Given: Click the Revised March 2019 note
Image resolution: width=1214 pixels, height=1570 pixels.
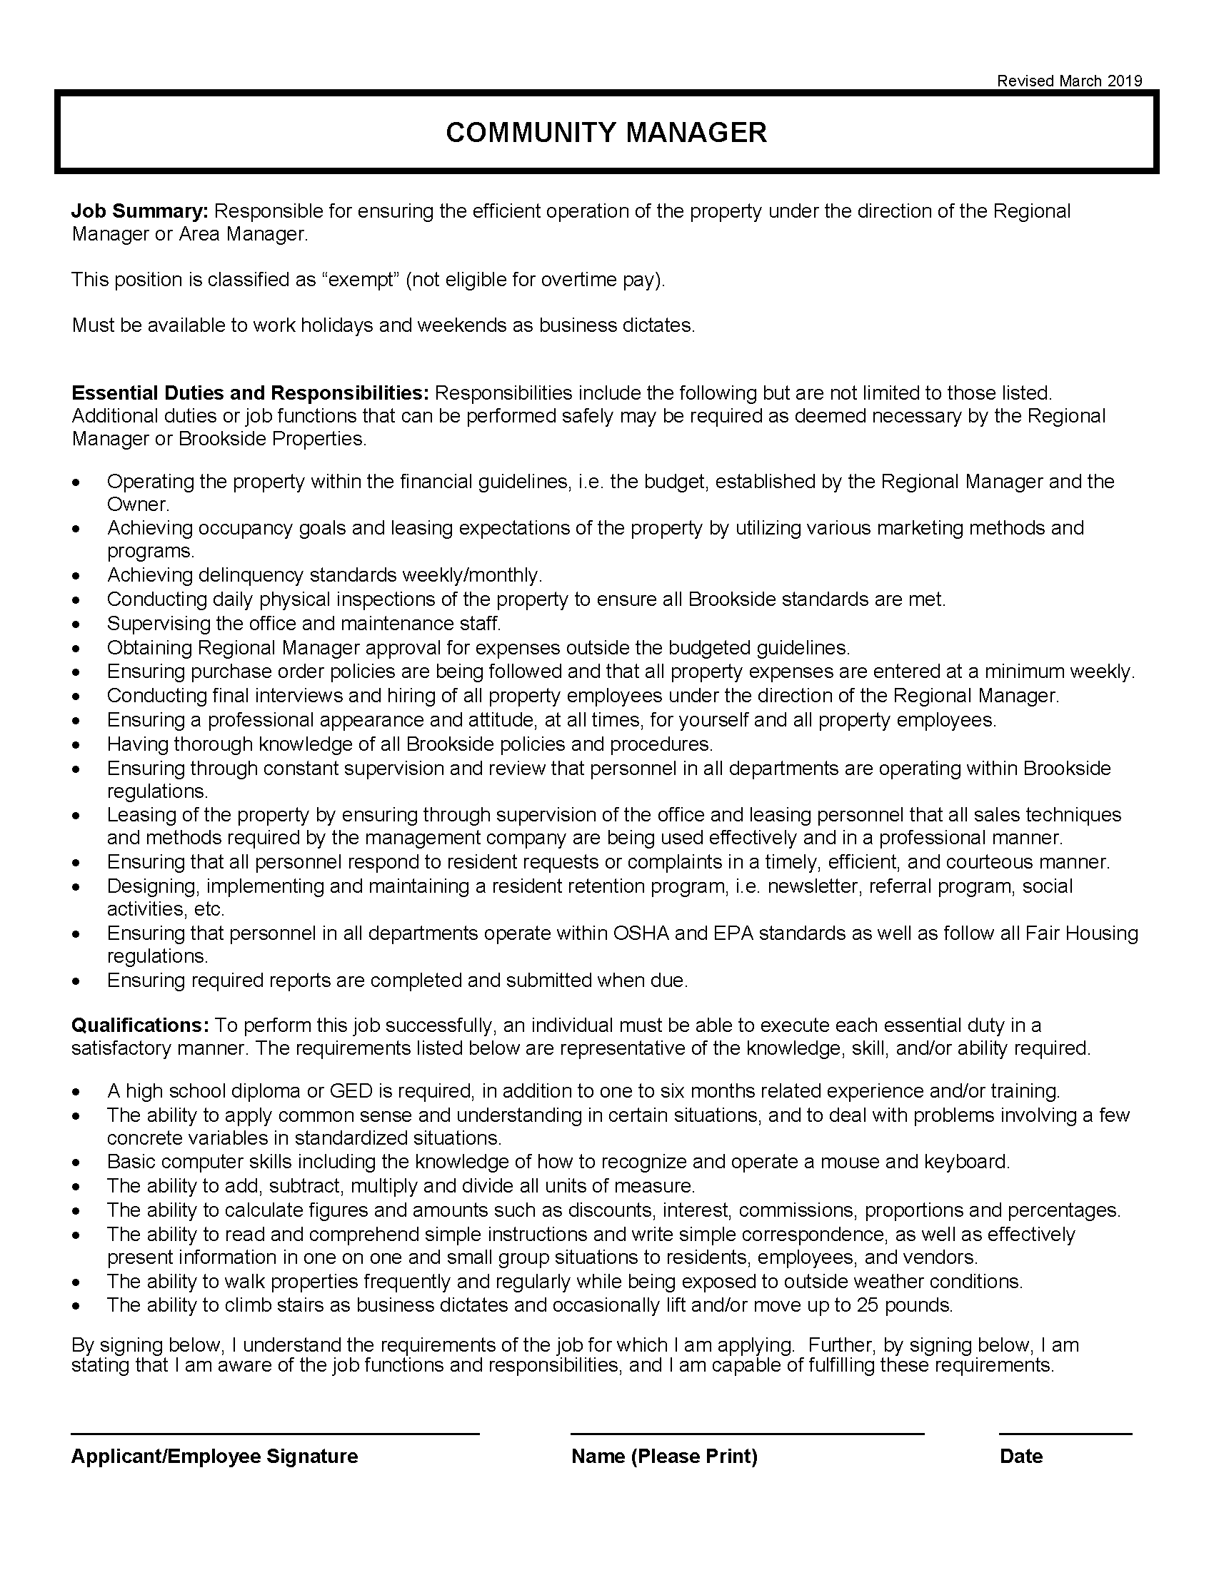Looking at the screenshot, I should tap(1069, 81).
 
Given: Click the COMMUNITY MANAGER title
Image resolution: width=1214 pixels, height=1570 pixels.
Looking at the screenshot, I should tap(606, 132).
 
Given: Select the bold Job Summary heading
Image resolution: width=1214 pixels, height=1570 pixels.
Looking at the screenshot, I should tap(139, 211).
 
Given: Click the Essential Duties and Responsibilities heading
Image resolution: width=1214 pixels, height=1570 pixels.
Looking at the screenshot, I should tap(249, 393).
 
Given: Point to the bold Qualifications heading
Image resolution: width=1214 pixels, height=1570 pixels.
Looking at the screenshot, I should tap(139, 1025).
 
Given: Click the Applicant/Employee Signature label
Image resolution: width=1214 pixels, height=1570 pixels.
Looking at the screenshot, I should tap(214, 1457).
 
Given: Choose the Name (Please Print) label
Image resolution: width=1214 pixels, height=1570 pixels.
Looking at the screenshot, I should tap(664, 1457).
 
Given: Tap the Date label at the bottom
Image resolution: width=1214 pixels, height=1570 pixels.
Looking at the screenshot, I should tap(1020, 1457).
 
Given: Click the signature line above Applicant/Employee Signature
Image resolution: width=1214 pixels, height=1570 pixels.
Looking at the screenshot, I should tap(275, 1434).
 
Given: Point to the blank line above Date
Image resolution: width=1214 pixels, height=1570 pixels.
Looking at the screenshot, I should tap(1065, 1434).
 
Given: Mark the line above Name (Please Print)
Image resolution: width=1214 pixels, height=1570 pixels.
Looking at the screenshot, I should tap(746, 1434).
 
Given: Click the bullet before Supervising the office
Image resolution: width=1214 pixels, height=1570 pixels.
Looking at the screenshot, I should tap(76, 624).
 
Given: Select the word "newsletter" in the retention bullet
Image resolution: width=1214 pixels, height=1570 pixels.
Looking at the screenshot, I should tap(813, 886).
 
